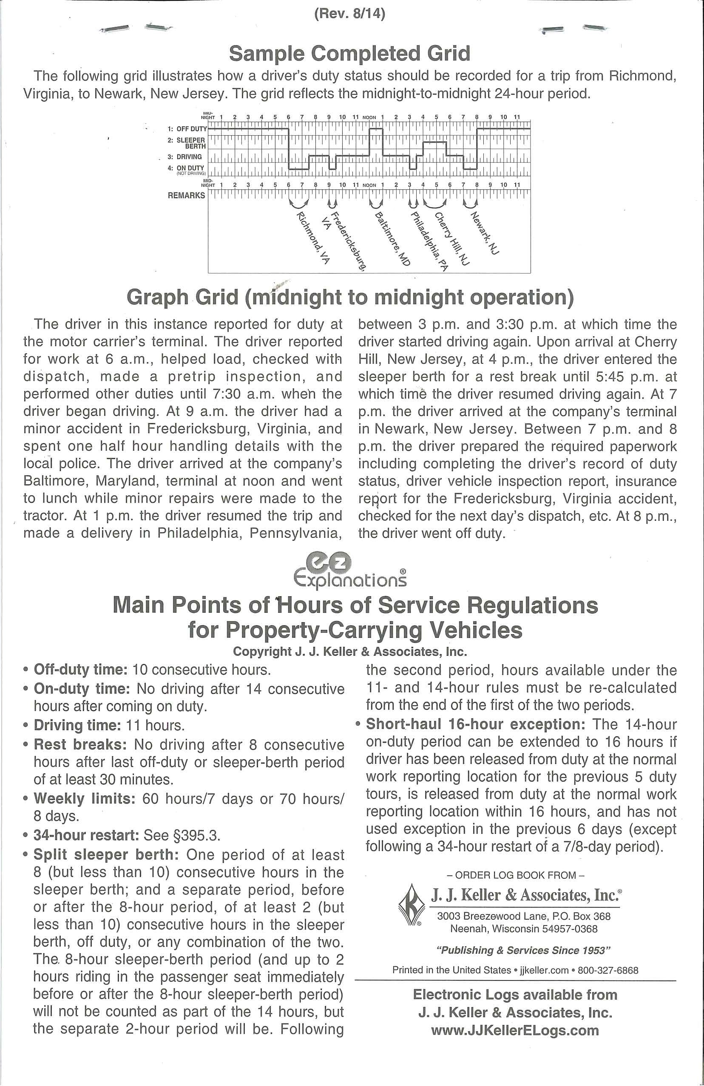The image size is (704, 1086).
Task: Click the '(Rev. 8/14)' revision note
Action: click(350, 14)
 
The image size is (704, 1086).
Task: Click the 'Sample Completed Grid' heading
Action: click(349, 53)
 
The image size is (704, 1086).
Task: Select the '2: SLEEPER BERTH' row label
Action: click(190, 143)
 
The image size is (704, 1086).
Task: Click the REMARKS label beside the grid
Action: click(187, 195)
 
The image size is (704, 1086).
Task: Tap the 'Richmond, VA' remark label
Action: click(313, 238)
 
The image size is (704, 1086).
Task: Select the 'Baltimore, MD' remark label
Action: click(392, 239)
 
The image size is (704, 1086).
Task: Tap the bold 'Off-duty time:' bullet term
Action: click(80, 669)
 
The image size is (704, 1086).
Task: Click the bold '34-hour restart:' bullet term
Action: click(86, 835)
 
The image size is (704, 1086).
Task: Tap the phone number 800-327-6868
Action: click(608, 970)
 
